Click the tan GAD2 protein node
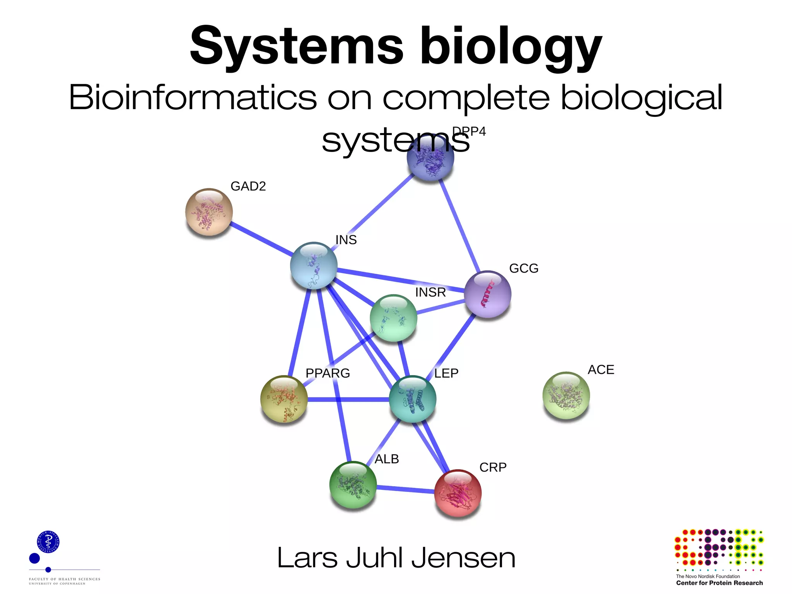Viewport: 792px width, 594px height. [209, 212]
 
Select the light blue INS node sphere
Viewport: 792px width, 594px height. [314, 265]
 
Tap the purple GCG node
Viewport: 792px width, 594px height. [487, 294]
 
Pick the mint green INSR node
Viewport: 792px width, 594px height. [393, 318]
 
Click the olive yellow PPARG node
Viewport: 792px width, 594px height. [284, 399]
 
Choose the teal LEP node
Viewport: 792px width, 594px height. [412, 399]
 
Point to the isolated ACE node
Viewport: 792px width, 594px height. [566, 395]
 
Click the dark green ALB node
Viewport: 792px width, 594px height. [353, 485]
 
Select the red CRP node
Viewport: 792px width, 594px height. [458, 493]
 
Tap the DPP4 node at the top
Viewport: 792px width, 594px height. [430, 157]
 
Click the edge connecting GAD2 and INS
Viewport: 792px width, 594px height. [261, 239]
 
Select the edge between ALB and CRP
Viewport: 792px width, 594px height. [405, 489]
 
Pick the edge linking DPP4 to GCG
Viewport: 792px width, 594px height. [460, 226]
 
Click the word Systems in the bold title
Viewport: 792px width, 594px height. [296, 46]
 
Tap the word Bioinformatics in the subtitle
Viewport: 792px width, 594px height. [193, 97]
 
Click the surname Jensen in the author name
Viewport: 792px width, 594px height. [463, 558]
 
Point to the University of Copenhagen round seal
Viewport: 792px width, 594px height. [48, 541]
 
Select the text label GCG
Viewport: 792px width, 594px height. [524, 268]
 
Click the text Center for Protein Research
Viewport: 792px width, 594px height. [719, 583]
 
